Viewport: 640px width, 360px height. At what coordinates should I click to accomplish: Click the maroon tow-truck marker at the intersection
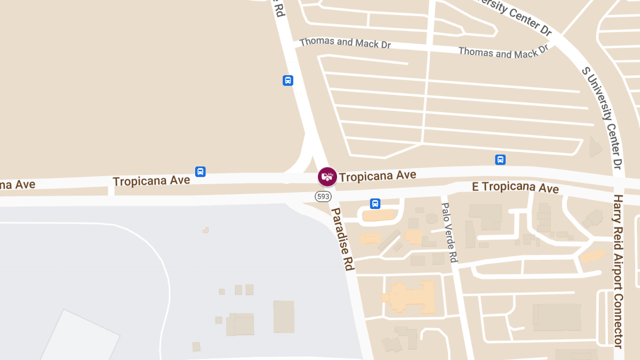327,177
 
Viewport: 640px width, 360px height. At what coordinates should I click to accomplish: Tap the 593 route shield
323,197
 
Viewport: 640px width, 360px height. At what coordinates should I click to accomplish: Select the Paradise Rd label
343,239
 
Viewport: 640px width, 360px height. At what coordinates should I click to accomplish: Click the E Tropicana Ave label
515,187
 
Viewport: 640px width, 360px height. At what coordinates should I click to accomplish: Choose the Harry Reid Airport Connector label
618,271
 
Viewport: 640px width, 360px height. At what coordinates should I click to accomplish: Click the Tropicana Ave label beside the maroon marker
378,175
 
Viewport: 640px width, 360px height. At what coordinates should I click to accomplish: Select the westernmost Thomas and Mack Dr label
345,43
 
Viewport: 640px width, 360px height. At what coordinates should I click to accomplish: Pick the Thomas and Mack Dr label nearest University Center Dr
503,52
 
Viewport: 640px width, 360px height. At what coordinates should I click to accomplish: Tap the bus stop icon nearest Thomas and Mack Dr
288,81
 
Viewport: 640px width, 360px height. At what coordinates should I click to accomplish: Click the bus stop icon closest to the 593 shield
375,204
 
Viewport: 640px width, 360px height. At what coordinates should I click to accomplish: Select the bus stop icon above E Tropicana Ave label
500,159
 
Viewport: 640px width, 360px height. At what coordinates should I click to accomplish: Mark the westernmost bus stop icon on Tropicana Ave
201,172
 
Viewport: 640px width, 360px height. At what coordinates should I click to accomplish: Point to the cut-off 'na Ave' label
18,185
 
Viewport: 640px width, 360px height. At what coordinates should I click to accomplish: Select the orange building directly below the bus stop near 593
378,215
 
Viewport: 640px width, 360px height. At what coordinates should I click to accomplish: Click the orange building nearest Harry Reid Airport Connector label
592,256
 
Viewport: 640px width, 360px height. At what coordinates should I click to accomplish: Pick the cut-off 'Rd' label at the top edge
279,9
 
